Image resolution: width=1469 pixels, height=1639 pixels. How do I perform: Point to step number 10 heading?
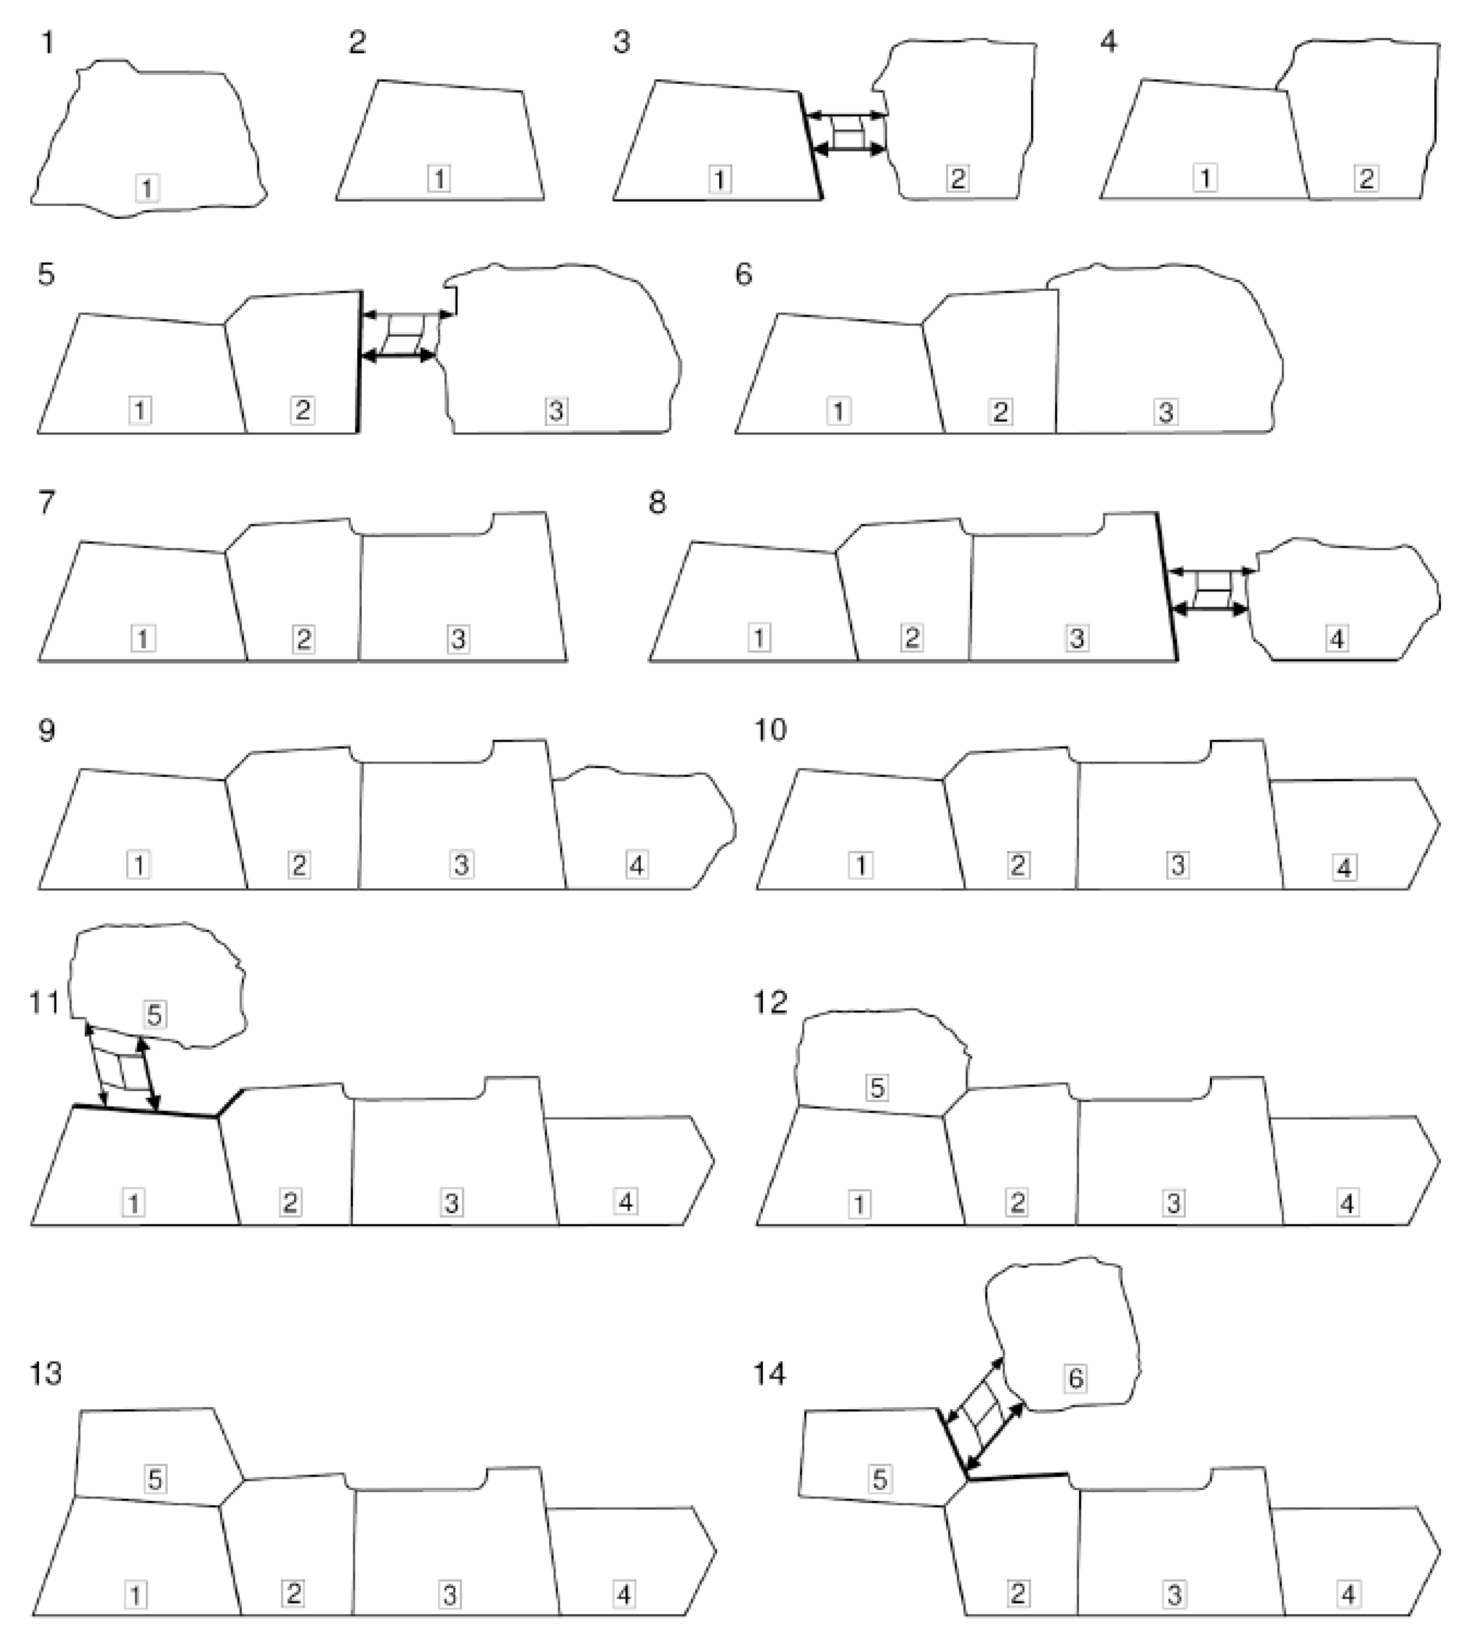[770, 730]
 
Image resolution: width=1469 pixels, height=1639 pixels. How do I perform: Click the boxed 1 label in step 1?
[147, 189]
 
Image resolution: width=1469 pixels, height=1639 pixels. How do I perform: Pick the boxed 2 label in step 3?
[957, 178]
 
